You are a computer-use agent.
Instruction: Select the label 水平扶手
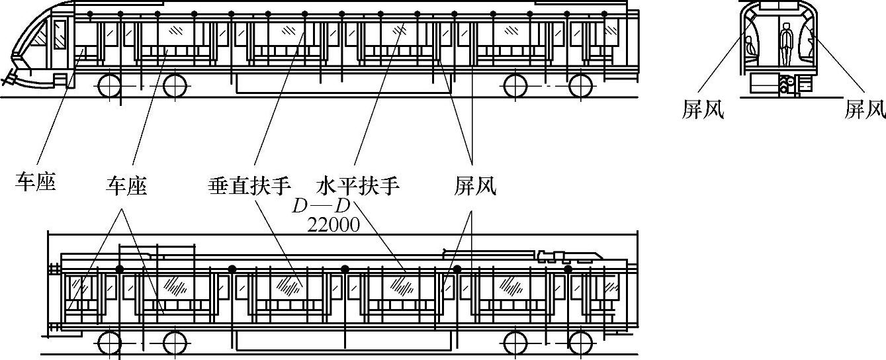pyautogui.click(x=358, y=186)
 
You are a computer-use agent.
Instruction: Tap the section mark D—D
pyautogui.click(x=322, y=206)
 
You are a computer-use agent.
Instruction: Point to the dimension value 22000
pyautogui.click(x=333, y=225)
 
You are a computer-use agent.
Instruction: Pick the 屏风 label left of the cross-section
pyautogui.click(x=703, y=110)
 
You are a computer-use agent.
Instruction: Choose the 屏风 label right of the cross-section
pyautogui.click(x=864, y=110)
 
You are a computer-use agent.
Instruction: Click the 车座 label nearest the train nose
pyautogui.click(x=35, y=181)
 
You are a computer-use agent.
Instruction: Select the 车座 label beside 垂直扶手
pyautogui.click(x=126, y=186)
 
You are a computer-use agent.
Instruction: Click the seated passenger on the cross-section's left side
pyautogui.click(x=750, y=48)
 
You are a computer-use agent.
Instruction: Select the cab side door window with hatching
pyautogui.click(x=60, y=33)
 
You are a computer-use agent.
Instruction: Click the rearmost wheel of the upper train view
pyautogui.click(x=580, y=86)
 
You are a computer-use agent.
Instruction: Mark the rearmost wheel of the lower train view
pyautogui.click(x=580, y=343)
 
